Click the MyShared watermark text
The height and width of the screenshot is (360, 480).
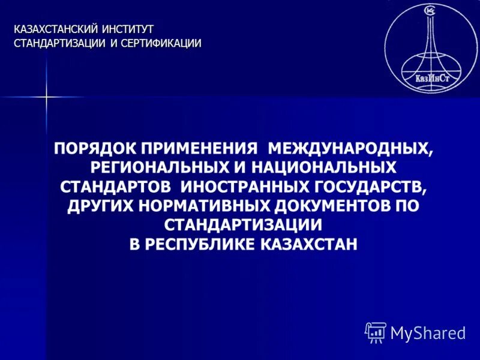click(x=427, y=333)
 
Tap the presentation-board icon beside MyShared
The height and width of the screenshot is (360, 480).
click(x=376, y=332)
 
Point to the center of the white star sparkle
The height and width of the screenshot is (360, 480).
click(x=46, y=97)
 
